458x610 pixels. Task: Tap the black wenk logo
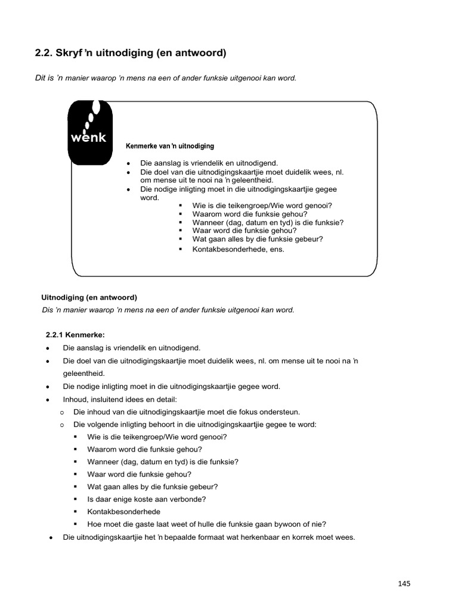click(88, 132)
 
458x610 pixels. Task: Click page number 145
click(404, 583)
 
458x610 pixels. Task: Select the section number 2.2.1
click(58, 335)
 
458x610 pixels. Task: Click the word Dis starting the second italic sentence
click(48, 310)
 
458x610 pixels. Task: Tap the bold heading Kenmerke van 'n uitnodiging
click(170, 146)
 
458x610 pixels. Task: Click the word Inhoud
click(74, 399)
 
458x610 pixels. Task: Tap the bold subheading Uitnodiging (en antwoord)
click(89, 297)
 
